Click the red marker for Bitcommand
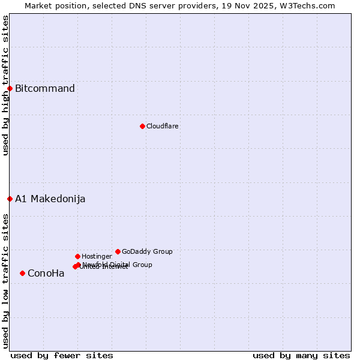(10, 89)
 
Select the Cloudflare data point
(142, 126)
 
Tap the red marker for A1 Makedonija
(10, 199)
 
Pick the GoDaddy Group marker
(118, 251)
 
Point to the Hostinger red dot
(77, 256)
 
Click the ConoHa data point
(22, 273)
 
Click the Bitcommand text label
(45, 89)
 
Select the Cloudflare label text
(162, 126)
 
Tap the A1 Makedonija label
(50, 199)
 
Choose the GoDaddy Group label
(147, 251)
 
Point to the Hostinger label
(97, 256)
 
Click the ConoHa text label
(46, 274)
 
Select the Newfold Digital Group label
(118, 264)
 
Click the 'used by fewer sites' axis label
(62, 355)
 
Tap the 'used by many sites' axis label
(301, 355)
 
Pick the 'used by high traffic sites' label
(5, 85)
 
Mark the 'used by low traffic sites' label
(5, 280)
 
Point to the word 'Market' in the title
(38, 5)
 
